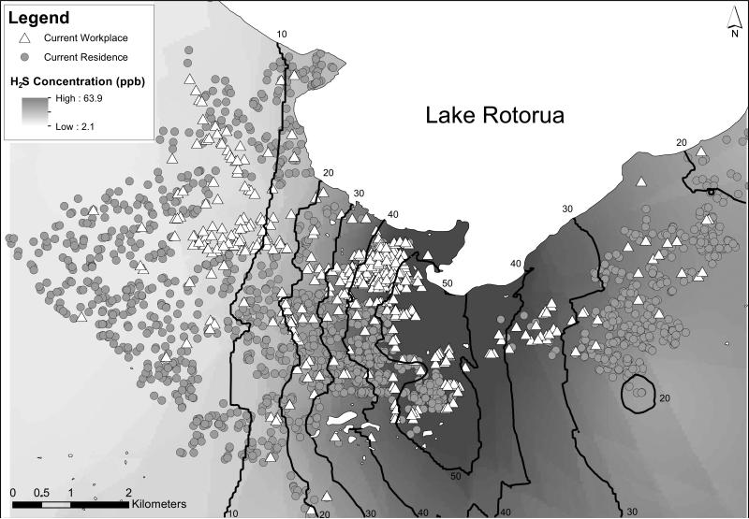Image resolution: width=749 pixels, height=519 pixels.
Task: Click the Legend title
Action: point(35,16)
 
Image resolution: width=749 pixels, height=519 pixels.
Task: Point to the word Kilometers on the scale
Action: point(160,504)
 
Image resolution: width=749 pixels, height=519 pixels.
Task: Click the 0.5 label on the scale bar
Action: point(42,492)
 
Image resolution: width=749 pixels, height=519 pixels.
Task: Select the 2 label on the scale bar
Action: point(128,492)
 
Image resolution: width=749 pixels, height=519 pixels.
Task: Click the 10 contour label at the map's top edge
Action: point(281,35)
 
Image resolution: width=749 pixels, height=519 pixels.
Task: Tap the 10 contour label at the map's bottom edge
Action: point(234,512)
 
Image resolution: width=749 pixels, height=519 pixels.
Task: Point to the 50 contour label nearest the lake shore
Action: point(447,282)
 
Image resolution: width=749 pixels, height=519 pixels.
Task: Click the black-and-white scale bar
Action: point(70,504)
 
